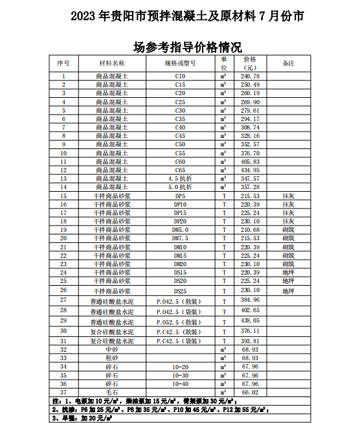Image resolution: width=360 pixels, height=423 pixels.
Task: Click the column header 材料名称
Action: pyautogui.click(x=112, y=63)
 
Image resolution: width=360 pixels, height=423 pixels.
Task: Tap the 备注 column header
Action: pyautogui.click(x=288, y=63)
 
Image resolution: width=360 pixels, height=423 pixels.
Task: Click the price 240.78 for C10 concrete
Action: pyautogui.click(x=250, y=76)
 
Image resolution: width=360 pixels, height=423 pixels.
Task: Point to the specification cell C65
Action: pyautogui.click(x=180, y=170)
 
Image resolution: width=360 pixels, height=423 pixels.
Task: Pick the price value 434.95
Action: pyautogui.click(x=250, y=170)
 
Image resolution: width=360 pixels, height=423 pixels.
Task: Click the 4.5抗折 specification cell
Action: pyautogui.click(x=180, y=178)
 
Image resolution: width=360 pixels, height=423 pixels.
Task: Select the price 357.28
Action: pyautogui.click(x=250, y=187)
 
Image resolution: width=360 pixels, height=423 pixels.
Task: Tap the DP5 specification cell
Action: pyautogui.click(x=180, y=196)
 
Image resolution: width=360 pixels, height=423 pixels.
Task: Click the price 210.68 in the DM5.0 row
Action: pyautogui.click(x=250, y=229)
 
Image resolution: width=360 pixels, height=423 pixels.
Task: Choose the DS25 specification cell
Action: pyautogui.click(x=180, y=292)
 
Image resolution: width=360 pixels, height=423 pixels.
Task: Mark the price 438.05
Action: pyautogui.click(x=250, y=320)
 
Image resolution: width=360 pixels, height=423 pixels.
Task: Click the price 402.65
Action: pyautogui.click(x=250, y=311)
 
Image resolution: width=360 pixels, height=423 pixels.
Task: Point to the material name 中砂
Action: pyautogui.click(x=112, y=349)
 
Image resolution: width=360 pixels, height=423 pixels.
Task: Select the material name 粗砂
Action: pyautogui.click(x=112, y=358)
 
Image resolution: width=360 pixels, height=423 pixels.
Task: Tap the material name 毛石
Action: pyautogui.click(x=112, y=392)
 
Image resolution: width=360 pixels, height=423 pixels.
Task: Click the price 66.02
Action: pyautogui.click(x=250, y=392)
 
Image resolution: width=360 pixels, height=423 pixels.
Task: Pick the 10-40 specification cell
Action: pyautogui.click(x=180, y=383)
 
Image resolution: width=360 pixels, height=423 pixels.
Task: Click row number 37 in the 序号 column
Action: pyautogui.click(x=63, y=392)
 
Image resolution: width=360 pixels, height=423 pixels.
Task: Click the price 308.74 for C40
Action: pyautogui.click(x=250, y=128)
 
